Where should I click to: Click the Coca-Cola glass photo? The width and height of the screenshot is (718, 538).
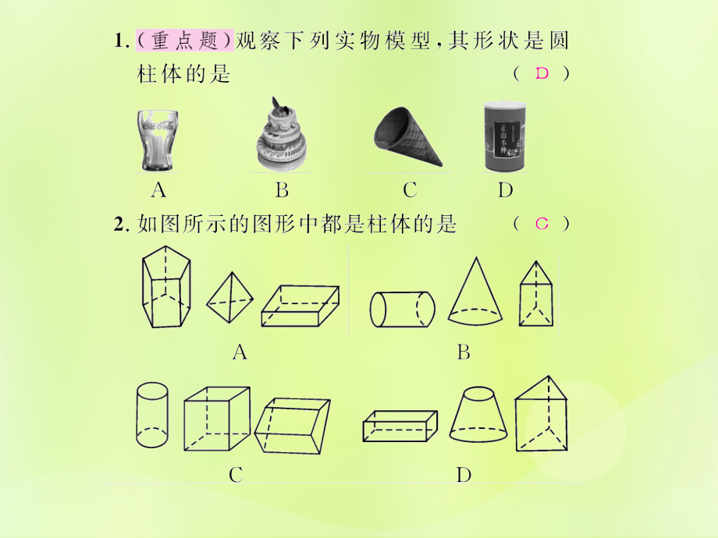(158, 140)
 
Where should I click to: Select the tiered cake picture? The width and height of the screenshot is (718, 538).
(281, 137)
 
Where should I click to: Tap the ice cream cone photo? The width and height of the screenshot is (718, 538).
(406, 137)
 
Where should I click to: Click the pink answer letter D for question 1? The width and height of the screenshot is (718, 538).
(542, 74)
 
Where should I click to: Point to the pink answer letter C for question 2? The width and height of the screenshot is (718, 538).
(542, 225)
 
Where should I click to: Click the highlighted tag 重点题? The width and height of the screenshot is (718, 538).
(185, 41)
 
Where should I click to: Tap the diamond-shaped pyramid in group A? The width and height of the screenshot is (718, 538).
(229, 299)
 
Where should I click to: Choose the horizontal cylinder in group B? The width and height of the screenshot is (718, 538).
(401, 309)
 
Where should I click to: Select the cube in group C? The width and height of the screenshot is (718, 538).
(217, 419)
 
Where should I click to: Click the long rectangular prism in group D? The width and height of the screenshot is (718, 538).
(400, 425)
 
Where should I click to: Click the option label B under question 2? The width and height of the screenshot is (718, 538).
(464, 352)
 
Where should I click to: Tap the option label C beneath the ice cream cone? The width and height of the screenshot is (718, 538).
(410, 189)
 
